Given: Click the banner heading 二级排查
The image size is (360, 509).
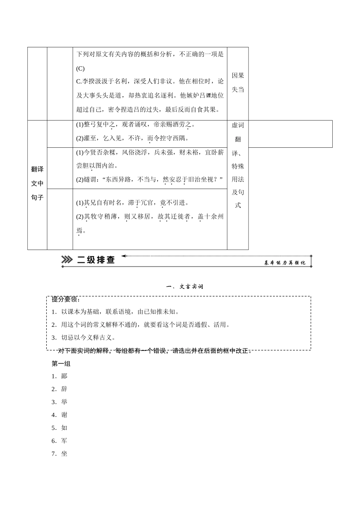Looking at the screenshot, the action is pos(96,260).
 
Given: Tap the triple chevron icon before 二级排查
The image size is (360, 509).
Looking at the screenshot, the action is pos(67,260).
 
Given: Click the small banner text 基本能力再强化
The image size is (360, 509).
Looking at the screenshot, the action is pos(285,263).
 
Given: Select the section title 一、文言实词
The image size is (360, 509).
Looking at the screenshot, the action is pos(185,287).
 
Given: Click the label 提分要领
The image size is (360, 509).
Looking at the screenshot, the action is pos(66,299).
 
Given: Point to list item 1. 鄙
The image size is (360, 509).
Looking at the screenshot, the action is pos(60,376).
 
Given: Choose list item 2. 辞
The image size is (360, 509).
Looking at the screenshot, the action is pos(60,389).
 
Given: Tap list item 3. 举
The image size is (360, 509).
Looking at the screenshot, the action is pos(60,402).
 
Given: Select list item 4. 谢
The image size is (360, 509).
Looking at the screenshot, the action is pos(60,415).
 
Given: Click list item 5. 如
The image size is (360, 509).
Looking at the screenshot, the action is pos(60,428).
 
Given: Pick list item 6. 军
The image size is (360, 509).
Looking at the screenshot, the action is pos(60,440).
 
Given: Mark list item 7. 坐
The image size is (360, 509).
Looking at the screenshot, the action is pos(60,453).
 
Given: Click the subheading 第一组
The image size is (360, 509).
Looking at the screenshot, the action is pos(61,364).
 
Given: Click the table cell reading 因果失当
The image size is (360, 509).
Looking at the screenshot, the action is pos(238,83).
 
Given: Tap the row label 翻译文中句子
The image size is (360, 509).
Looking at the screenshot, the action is pos(37,183).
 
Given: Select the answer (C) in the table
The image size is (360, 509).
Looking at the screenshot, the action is pos(80,69).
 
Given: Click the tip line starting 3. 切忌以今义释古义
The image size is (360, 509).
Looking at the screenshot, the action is pos(84,337).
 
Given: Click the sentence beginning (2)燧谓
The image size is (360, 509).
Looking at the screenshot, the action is pos(149,180).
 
